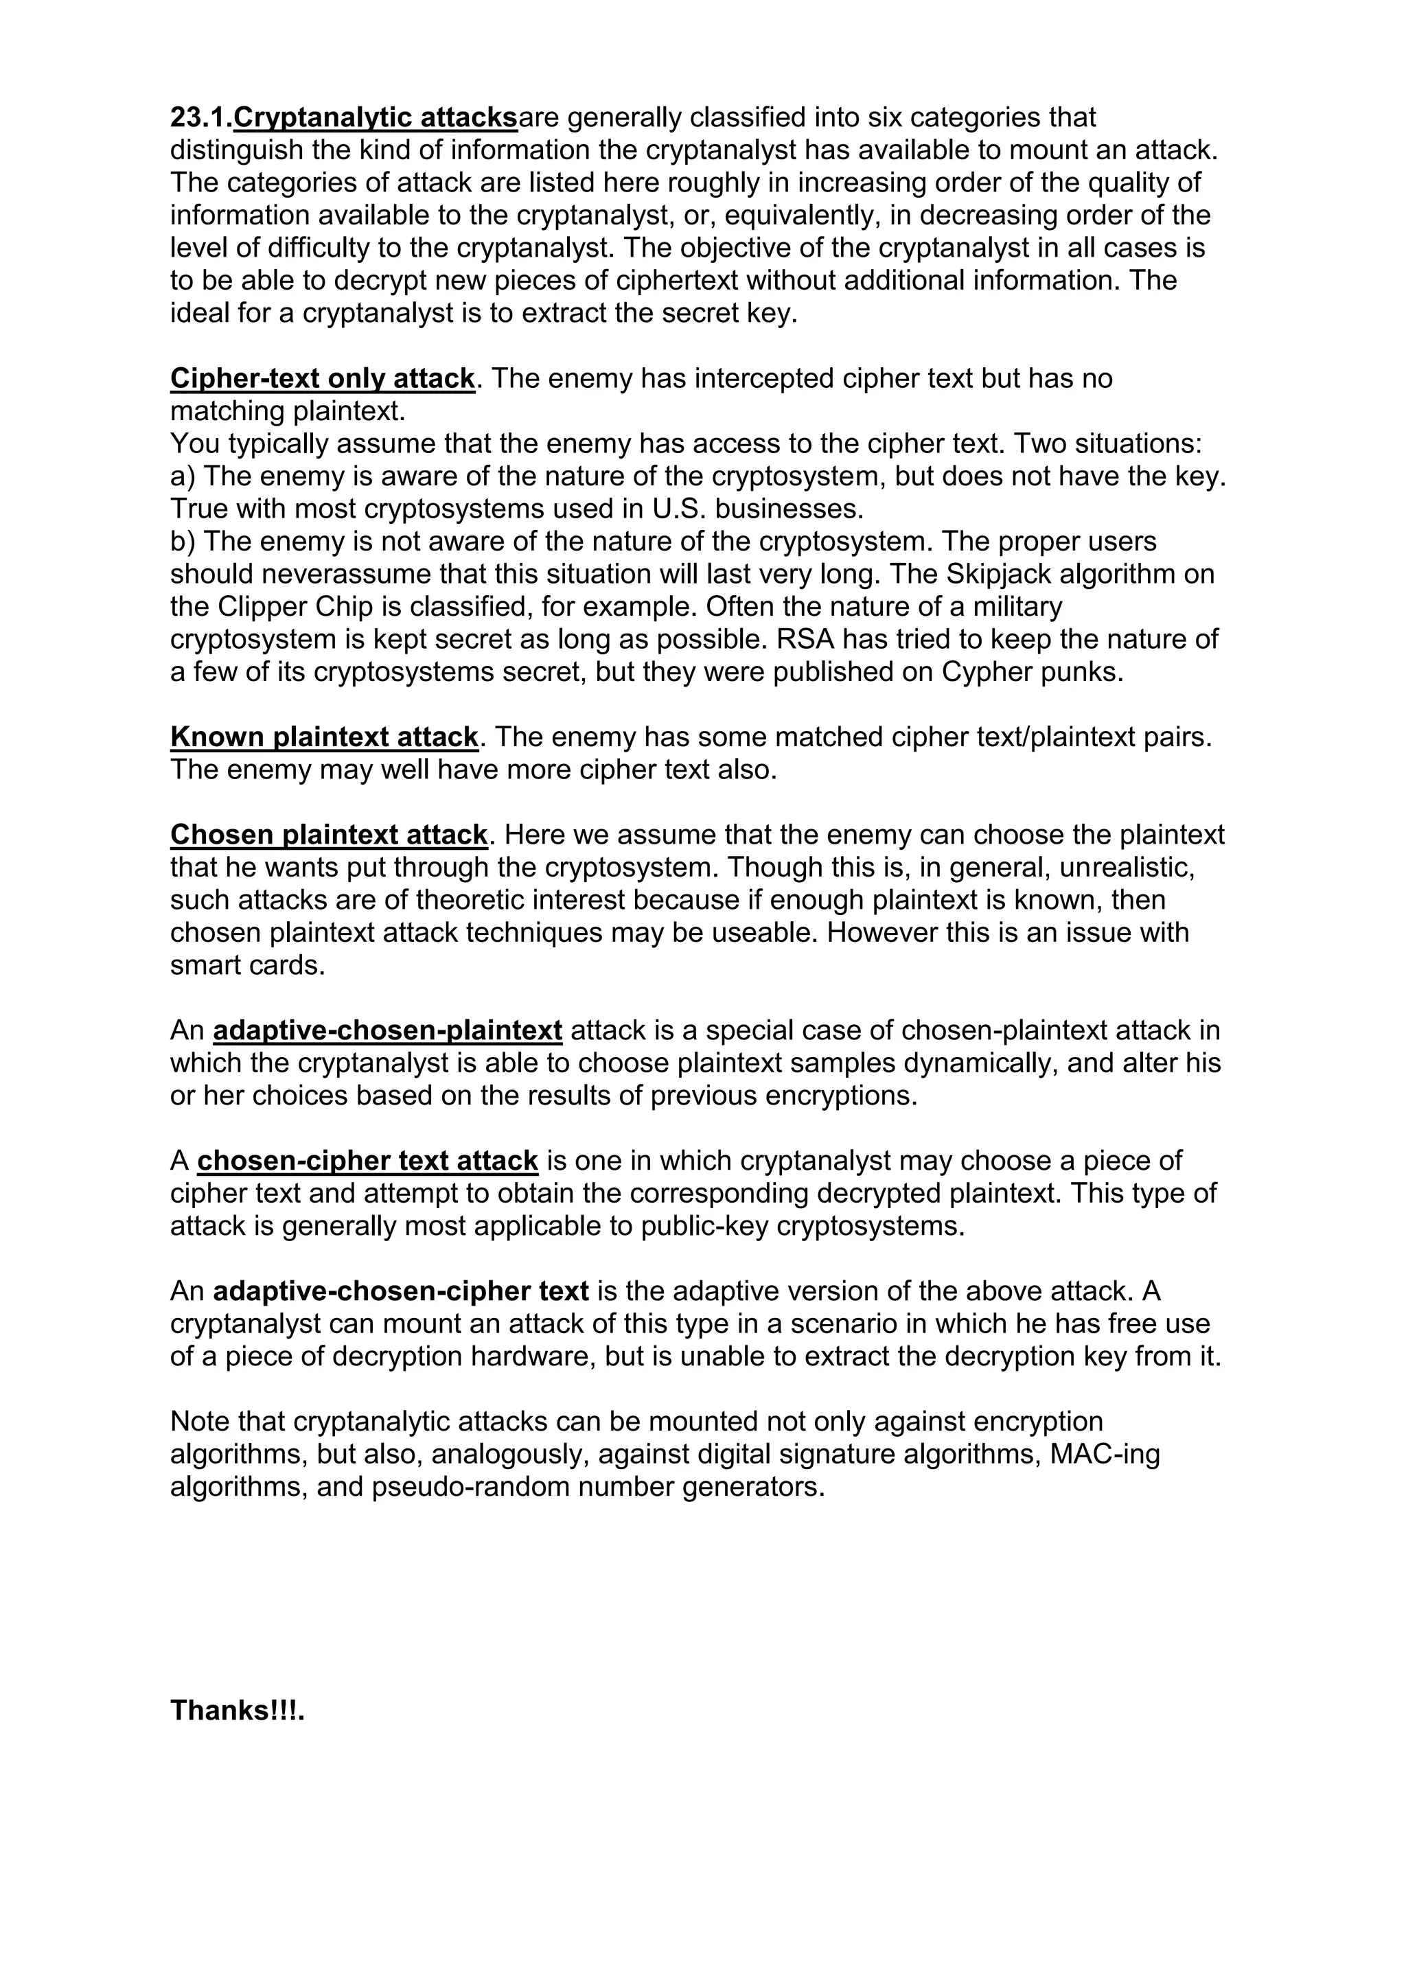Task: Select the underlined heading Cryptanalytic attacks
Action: pyautogui.click(x=376, y=117)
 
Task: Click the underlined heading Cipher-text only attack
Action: pyautogui.click(x=322, y=378)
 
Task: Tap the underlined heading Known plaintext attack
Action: pyautogui.click(x=324, y=737)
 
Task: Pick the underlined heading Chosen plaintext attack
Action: pyautogui.click(x=329, y=835)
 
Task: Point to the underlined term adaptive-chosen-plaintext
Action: pyautogui.click(x=388, y=1030)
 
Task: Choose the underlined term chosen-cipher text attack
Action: pyautogui.click(x=368, y=1160)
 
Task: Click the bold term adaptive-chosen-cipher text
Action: pyautogui.click(x=401, y=1291)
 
